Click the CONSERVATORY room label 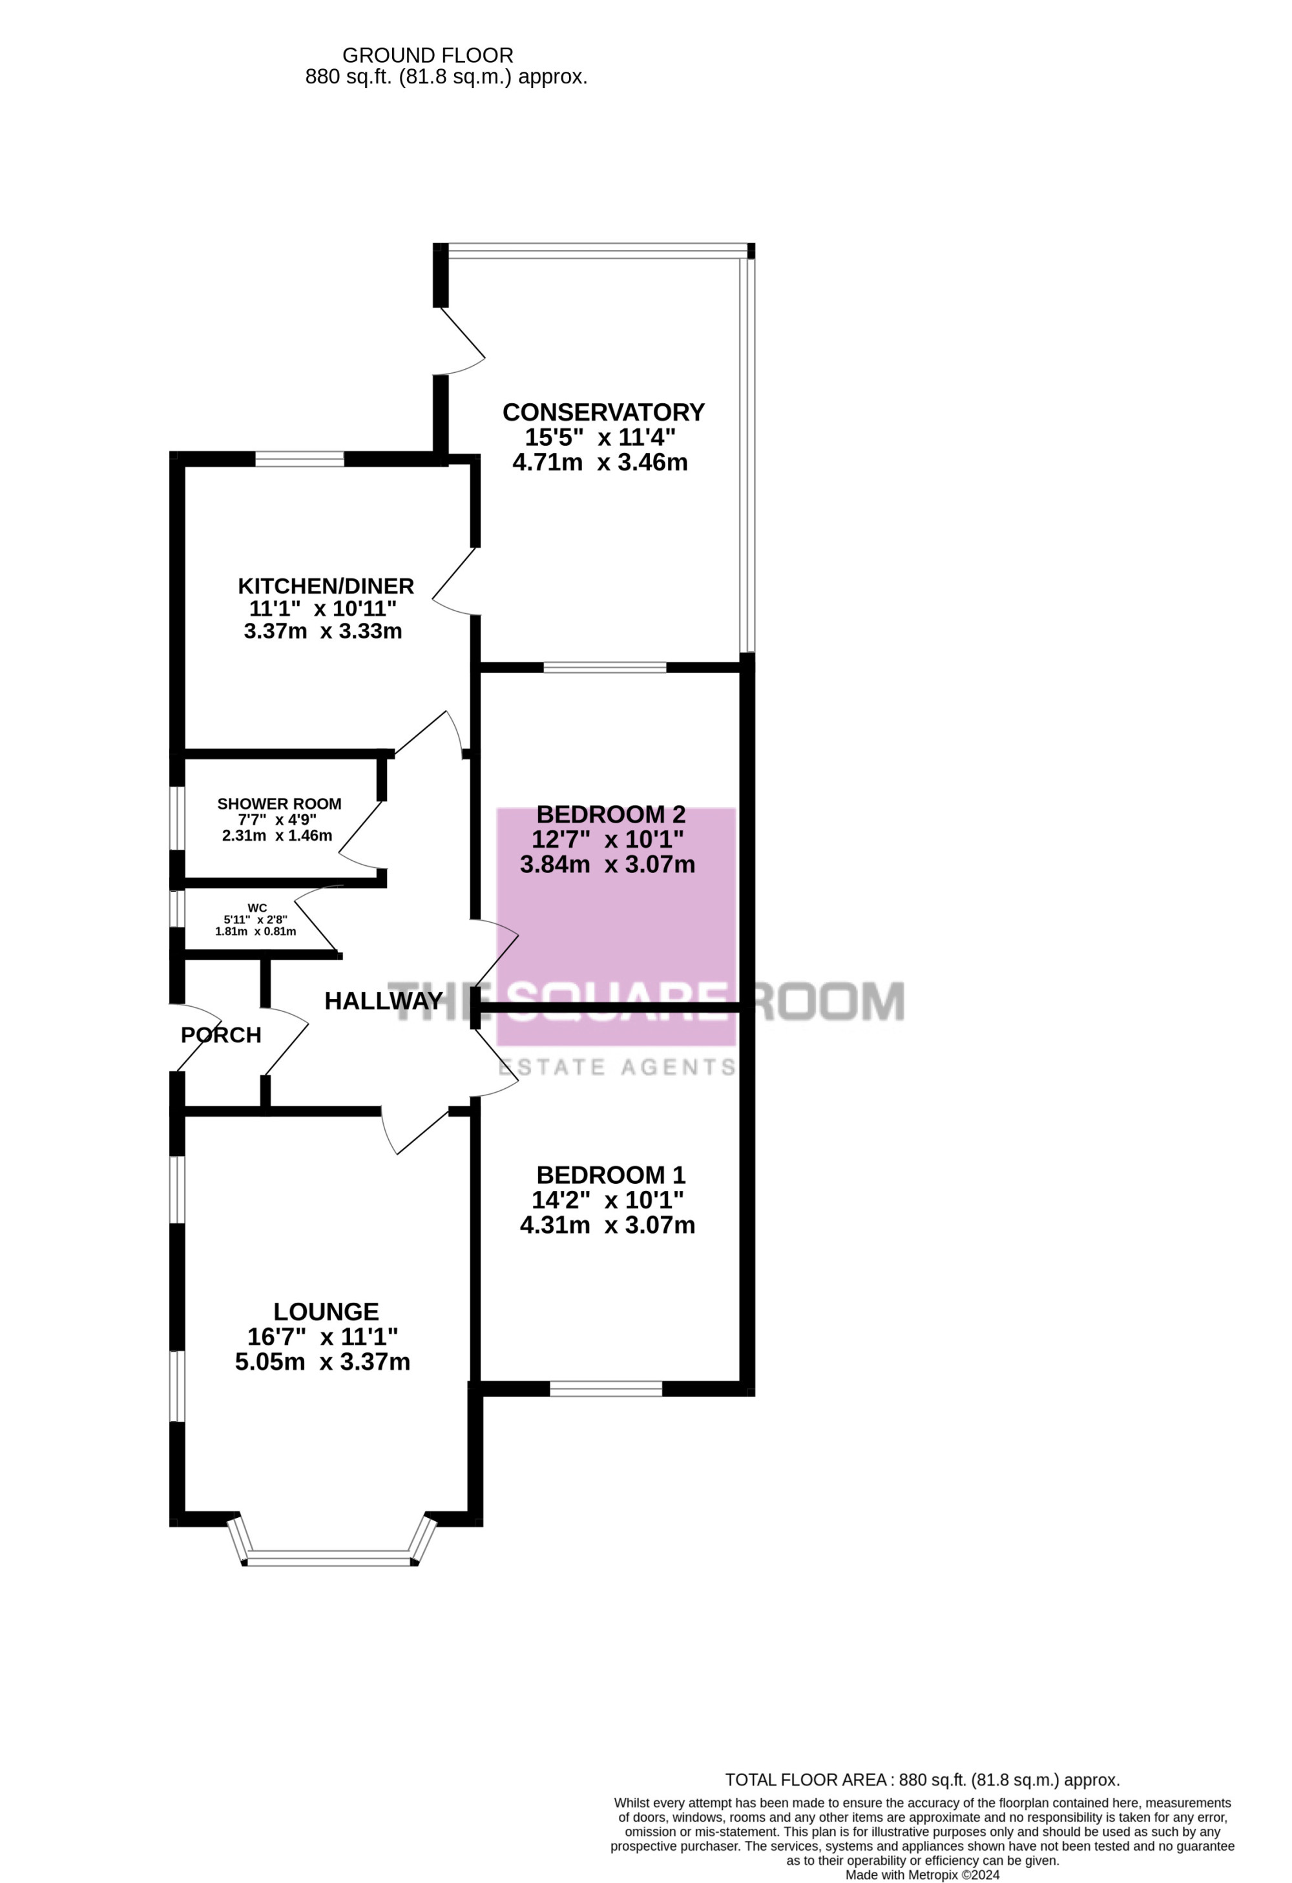coord(603,412)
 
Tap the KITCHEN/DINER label coord(326,586)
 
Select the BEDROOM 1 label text coord(610,1175)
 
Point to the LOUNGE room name coord(326,1312)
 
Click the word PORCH coord(221,1035)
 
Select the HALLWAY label coord(384,1002)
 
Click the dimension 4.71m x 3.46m coord(600,463)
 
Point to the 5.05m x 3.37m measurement coord(322,1362)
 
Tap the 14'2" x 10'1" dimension coord(607,1200)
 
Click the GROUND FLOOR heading coord(428,55)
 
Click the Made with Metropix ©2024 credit coord(922,1875)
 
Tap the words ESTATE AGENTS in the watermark coord(617,1067)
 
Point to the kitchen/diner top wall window coord(300,459)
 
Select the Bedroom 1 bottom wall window coord(606,1389)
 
